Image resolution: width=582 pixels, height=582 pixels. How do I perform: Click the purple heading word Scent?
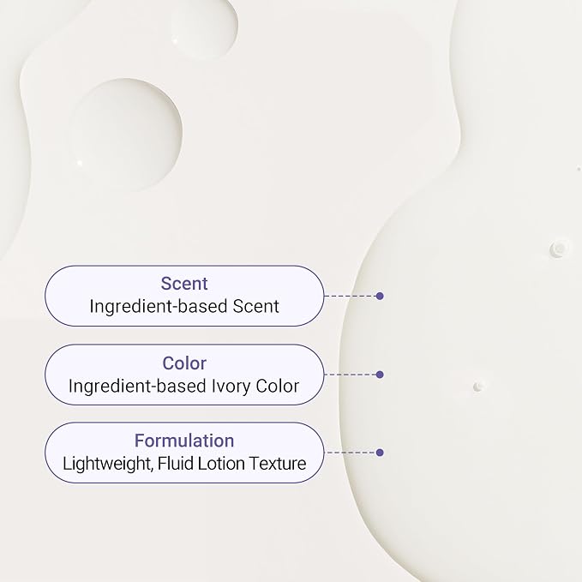click(184, 284)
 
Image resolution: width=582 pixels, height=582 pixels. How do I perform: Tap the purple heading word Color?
click(184, 363)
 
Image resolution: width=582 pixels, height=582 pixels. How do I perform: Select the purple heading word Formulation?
click(184, 441)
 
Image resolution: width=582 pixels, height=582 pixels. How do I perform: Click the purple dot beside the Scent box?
click(380, 296)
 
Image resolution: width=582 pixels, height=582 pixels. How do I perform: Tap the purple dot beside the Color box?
click(380, 375)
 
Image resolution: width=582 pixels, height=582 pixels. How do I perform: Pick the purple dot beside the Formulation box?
click(380, 453)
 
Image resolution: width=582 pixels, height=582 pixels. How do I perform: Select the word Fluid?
click(176, 463)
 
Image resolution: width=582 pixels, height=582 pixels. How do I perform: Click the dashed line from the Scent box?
click(350, 296)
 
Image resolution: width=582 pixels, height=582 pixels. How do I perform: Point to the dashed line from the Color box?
click(350, 375)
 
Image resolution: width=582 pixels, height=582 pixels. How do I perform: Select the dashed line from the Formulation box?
click(350, 453)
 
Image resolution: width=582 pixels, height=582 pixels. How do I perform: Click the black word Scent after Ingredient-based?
click(255, 307)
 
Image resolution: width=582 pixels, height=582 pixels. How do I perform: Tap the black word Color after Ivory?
click(277, 386)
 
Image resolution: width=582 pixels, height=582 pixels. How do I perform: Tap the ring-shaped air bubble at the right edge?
click(558, 248)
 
